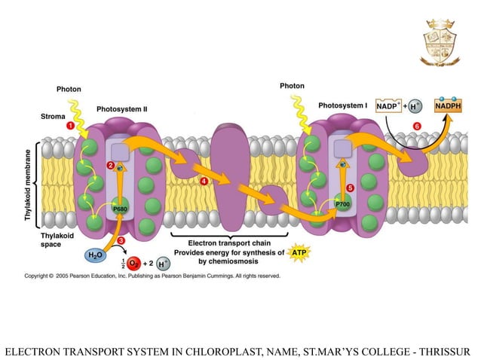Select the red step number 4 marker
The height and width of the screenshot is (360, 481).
204,182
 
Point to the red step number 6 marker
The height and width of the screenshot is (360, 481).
418,126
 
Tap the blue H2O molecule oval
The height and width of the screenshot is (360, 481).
96,255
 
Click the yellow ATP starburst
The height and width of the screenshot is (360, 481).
299,253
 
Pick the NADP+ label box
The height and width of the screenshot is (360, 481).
389,106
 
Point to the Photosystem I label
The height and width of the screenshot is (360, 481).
343,106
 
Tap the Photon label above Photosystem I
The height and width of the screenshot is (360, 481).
292,86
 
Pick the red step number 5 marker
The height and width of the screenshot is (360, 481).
349,188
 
